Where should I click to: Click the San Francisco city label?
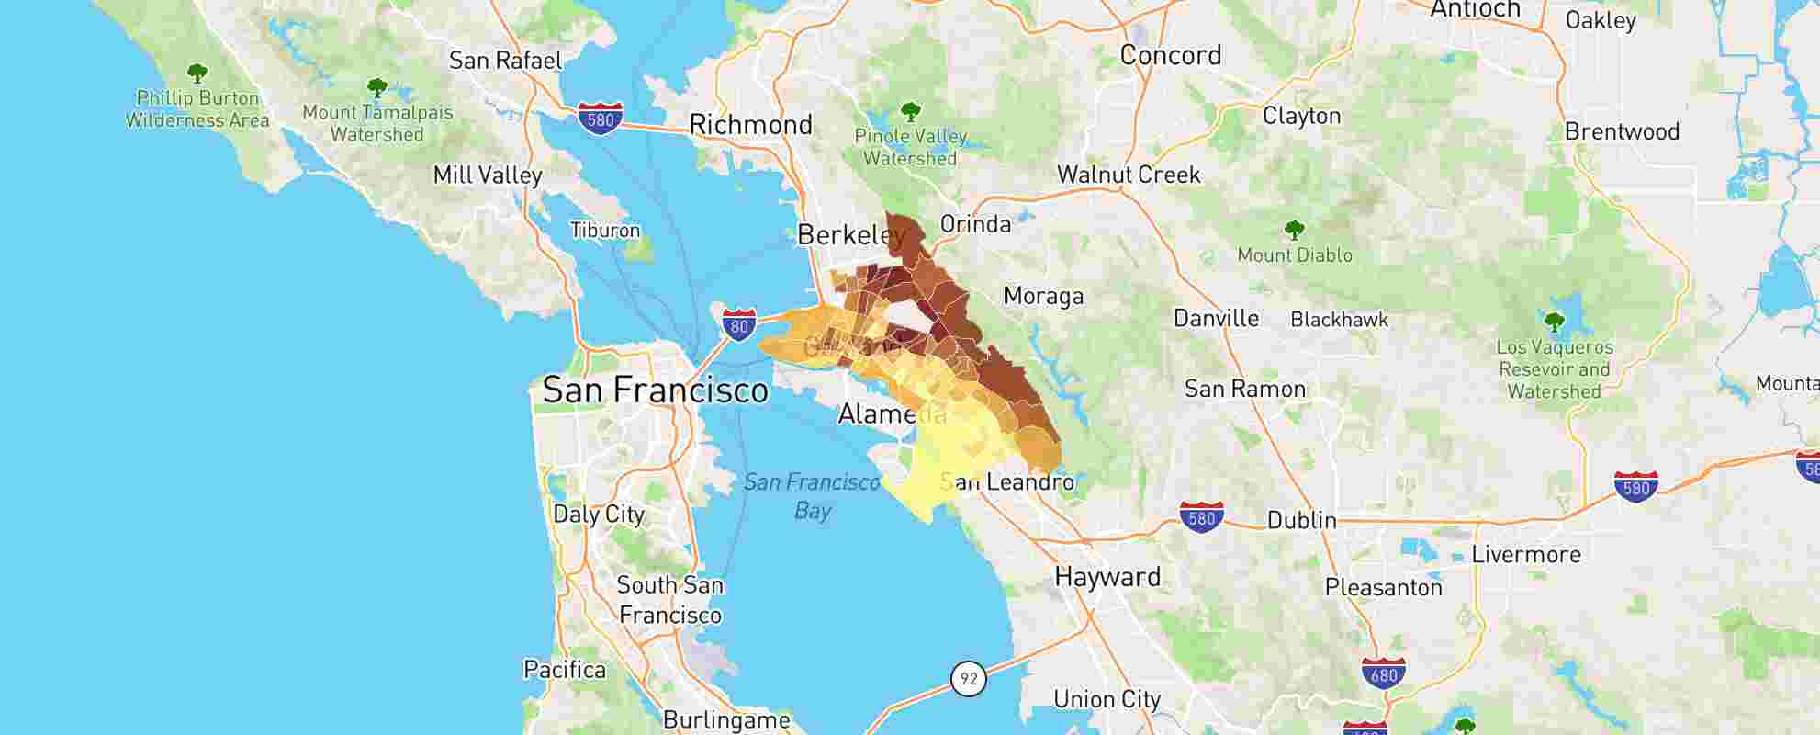coord(655,390)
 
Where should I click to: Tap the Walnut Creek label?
coord(1129,175)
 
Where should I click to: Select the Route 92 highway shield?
coord(968,679)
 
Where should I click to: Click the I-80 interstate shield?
coord(739,324)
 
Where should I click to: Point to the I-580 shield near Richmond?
coord(601,119)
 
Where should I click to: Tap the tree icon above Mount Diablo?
coord(1295,229)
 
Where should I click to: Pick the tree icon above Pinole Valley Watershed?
coord(910,112)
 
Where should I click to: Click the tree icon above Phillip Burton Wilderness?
coord(197,73)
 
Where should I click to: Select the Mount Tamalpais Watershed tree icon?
coord(376,88)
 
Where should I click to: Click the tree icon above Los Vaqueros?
coord(1554,322)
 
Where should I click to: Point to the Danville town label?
coord(1216,319)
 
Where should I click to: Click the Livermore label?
coord(1525,554)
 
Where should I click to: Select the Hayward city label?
coord(1107,577)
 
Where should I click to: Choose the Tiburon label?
coord(605,230)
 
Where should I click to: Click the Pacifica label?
coord(565,670)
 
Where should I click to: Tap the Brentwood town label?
coord(1622,131)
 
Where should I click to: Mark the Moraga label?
coord(1043,296)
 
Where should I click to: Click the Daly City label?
coord(599,514)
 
